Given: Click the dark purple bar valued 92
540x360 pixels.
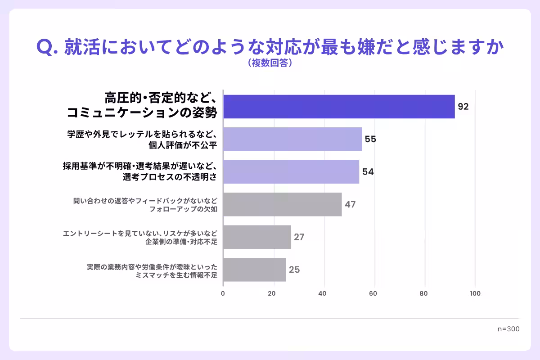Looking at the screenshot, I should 339,107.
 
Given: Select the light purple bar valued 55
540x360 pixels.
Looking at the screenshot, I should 292,139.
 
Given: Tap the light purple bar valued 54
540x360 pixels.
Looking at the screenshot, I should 291,171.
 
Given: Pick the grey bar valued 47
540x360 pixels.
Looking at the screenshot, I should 283,204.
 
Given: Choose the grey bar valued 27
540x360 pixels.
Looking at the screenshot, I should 257,237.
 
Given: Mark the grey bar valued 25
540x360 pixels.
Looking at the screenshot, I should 255,270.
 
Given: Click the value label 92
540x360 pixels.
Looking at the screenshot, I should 463,107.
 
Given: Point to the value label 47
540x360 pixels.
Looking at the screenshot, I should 350,204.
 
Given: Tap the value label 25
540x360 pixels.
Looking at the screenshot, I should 294,270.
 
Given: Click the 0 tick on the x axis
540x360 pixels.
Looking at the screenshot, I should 223,293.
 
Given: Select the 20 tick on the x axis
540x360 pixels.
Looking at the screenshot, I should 272,293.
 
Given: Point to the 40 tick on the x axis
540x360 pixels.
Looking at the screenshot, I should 322,293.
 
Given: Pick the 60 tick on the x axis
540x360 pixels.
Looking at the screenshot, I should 373,293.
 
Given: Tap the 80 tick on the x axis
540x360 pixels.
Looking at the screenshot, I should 423,293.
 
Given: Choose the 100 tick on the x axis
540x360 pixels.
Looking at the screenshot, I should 475,293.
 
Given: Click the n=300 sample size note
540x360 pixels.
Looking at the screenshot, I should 508,329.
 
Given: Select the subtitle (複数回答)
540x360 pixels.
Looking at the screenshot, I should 270,63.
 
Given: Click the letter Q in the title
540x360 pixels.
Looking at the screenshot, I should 45,48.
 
